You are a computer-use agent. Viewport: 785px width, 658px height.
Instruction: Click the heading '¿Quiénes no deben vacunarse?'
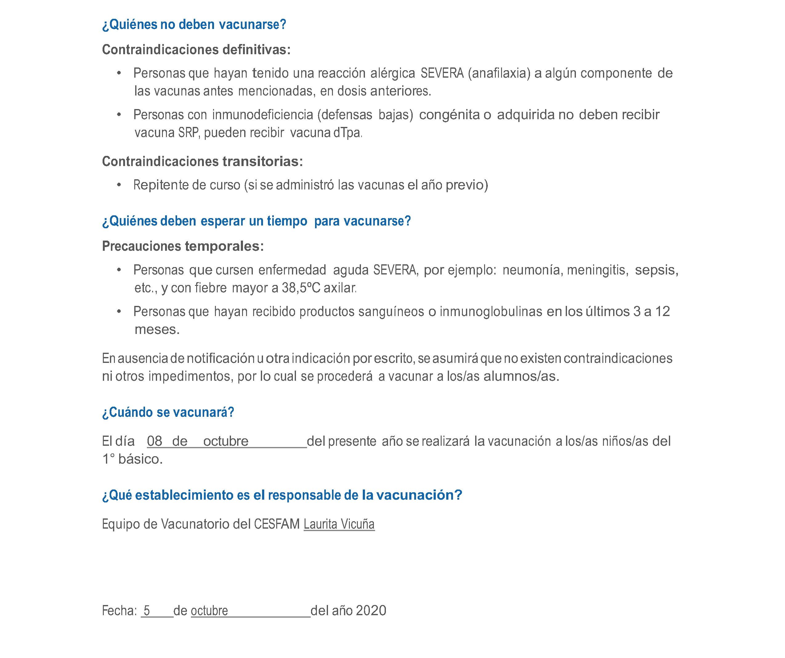coord(194,25)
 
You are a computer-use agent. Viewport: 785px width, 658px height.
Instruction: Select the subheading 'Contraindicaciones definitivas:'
coord(196,50)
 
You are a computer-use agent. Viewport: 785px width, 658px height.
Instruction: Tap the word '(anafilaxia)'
coord(499,73)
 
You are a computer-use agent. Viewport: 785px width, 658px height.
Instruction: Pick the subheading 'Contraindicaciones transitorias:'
coord(202,161)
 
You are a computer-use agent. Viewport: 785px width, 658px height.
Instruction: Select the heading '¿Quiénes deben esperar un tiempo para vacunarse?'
coord(257,221)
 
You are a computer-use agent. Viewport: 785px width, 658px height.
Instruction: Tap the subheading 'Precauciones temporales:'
coord(183,246)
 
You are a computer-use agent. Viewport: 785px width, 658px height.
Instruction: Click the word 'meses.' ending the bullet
coord(157,330)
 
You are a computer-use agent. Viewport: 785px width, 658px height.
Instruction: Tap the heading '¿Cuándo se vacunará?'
coord(168,412)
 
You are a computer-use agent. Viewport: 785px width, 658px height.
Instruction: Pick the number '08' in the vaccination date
coord(154,441)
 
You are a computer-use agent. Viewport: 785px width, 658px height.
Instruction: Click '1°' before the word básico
coord(108,459)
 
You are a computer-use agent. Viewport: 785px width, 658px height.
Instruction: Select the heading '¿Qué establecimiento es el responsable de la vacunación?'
coord(282,495)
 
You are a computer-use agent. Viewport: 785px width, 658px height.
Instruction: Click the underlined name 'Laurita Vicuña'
coord(339,524)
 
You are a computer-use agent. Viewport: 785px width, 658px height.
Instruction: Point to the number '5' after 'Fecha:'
coord(147,611)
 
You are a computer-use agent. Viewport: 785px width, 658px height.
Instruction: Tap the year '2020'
coord(371,611)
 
